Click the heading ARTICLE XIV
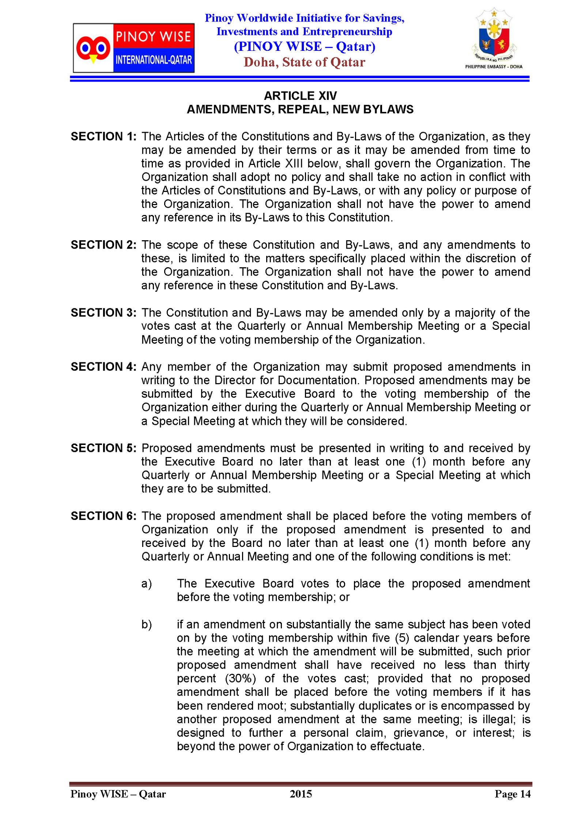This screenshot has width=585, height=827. [x=300, y=96]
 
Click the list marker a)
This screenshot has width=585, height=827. [x=146, y=584]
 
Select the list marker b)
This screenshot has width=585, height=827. [x=146, y=624]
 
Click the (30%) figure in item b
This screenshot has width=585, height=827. [x=240, y=679]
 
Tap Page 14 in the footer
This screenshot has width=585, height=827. [x=512, y=794]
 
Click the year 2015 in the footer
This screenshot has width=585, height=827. [x=301, y=794]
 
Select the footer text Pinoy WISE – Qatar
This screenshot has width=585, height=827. [x=118, y=794]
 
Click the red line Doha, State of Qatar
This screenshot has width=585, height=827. [x=304, y=62]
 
